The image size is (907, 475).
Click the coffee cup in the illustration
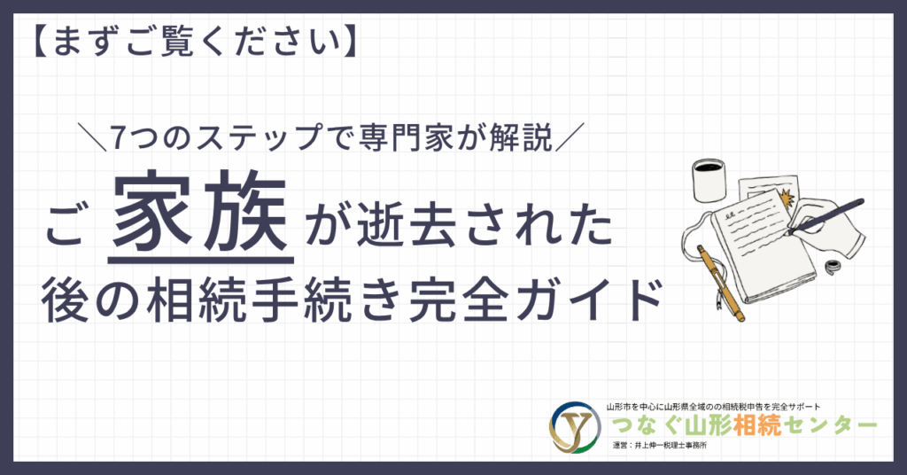click(709, 180)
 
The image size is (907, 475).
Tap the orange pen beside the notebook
click(721, 283)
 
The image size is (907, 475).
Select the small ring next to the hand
click(833, 267)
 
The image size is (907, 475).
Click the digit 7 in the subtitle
click(118, 137)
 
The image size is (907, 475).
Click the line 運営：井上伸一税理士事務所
click(659, 446)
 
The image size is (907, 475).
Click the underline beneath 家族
click(201, 261)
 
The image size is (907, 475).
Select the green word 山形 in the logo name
click(708, 426)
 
